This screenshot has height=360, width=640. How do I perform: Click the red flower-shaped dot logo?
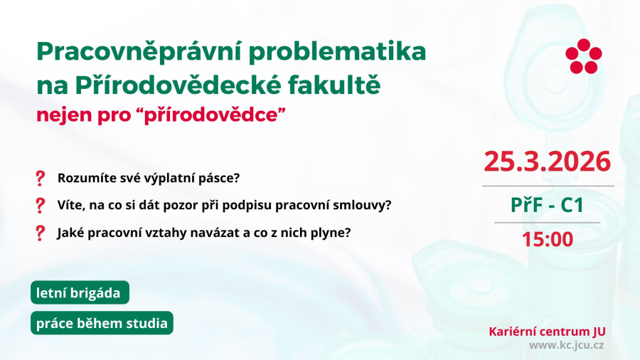pyautogui.click(x=583, y=55)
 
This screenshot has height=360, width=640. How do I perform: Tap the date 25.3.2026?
pyautogui.click(x=547, y=162)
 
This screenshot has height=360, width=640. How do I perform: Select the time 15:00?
pyautogui.click(x=547, y=239)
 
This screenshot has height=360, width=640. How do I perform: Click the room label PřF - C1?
pyautogui.click(x=547, y=205)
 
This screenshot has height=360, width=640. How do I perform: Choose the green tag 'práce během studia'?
pyautogui.click(x=102, y=323)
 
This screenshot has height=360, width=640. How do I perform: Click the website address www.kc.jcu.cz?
pyautogui.click(x=566, y=345)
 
